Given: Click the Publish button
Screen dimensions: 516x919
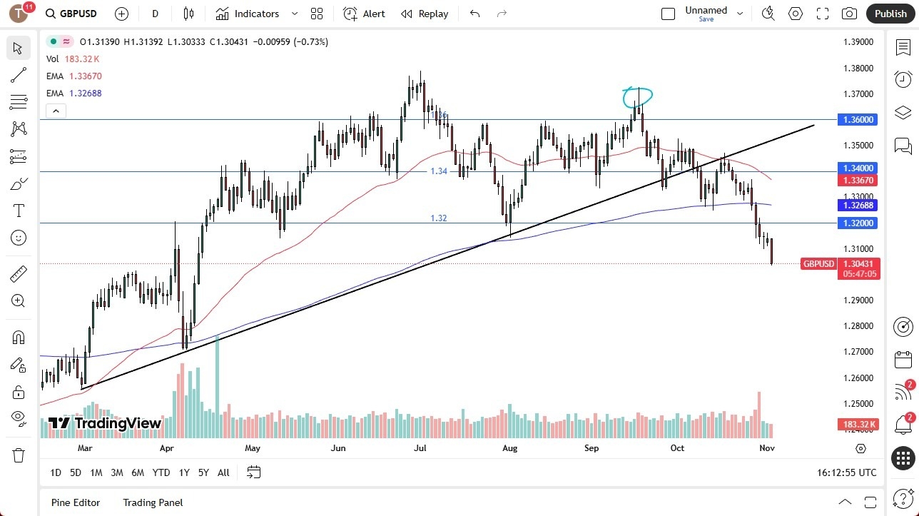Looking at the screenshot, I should (x=890, y=14).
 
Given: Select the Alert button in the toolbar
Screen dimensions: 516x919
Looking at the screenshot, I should (x=364, y=14).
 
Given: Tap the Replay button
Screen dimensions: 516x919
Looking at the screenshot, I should (x=425, y=14).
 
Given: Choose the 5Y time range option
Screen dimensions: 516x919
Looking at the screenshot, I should (x=203, y=472).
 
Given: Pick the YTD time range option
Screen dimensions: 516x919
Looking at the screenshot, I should (x=161, y=472).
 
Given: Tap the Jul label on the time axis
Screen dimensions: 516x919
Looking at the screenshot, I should (x=420, y=448).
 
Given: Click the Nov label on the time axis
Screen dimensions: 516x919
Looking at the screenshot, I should (x=767, y=448).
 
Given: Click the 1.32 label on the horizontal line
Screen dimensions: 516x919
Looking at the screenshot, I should (x=439, y=218).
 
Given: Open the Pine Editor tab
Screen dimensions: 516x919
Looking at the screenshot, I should (x=76, y=502).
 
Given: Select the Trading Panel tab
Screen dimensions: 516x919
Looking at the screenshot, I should (x=153, y=502).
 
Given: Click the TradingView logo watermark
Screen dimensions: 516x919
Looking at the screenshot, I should (x=105, y=423).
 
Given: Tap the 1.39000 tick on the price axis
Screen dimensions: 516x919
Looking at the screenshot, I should (x=858, y=42).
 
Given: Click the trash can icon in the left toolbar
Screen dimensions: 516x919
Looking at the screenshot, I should (x=19, y=455).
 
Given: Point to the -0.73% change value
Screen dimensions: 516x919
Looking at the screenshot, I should (x=315, y=42).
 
